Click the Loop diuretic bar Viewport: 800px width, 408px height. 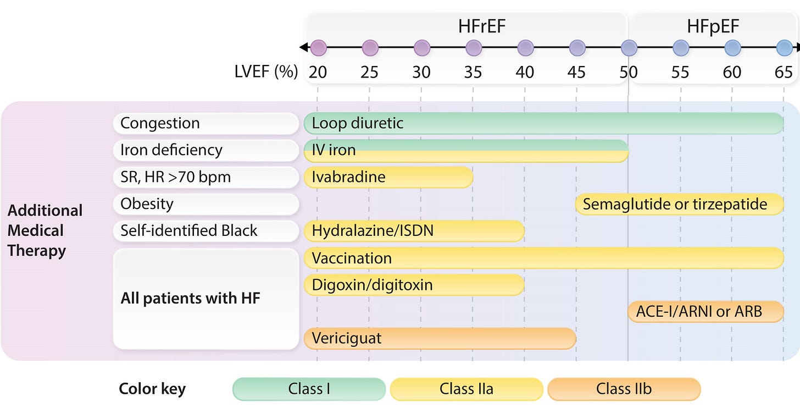tap(543, 123)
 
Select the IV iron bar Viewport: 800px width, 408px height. tap(466, 151)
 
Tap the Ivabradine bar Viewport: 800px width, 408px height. tap(388, 177)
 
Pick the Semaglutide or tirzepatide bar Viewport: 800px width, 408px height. tap(679, 205)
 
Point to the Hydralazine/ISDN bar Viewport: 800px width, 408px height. tap(414, 231)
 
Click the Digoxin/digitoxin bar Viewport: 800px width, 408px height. tap(414, 285)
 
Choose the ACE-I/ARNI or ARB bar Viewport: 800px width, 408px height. tap(705, 312)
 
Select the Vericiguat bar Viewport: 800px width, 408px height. tap(440, 338)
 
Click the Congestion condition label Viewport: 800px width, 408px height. tap(205, 124)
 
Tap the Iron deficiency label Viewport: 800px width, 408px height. tap(205, 151)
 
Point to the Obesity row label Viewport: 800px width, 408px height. tap(205, 205)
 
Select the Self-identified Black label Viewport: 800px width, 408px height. tap(205, 231)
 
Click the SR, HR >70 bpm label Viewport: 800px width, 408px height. tap(205, 177)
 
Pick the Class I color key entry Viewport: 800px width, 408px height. tap(309, 389)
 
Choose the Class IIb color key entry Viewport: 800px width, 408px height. tap(624, 389)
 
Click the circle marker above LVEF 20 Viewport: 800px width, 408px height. tap(318, 47)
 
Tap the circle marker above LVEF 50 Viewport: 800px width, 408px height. tap(629, 47)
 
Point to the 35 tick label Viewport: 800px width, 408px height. tap(473, 73)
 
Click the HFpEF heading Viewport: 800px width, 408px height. tap(713, 26)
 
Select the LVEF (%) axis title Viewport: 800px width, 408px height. tap(266, 72)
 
